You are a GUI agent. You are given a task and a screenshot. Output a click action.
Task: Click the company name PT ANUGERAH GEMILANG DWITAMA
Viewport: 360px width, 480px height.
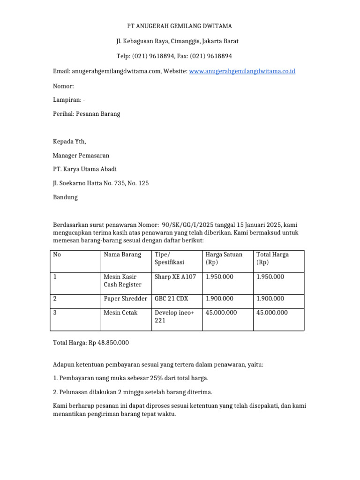[180, 26]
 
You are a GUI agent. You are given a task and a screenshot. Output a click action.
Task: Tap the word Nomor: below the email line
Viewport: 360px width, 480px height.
[63, 86]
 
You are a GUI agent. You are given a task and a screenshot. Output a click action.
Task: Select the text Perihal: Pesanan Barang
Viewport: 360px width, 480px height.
[87, 114]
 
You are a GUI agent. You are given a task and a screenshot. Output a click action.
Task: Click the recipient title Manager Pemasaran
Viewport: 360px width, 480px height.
[81, 155]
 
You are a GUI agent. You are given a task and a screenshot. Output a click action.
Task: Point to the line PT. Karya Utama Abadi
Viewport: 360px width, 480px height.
[85, 169]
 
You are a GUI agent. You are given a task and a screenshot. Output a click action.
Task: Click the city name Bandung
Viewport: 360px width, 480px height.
[65, 197]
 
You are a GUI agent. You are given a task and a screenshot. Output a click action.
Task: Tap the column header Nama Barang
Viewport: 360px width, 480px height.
[122, 255]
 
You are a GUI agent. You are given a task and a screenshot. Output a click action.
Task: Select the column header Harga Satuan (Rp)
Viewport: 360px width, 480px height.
[224, 258]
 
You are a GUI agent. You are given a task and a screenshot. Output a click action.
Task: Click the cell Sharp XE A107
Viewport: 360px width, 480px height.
[175, 277]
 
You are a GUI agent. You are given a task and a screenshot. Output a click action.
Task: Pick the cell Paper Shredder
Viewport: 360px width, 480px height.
[125, 299]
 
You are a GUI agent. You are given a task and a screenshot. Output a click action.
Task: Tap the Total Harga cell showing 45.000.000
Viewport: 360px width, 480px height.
[272, 313]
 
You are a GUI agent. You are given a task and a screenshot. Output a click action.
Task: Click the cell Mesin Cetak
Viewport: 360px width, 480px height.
[120, 313]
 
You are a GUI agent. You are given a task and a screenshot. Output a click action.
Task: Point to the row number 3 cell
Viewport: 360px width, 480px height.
[55, 313]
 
